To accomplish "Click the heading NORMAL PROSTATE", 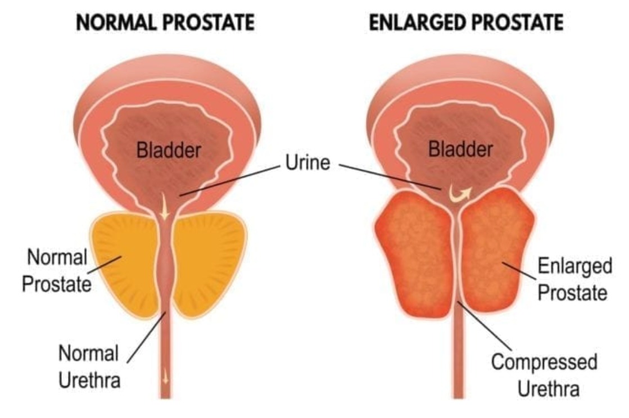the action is point(165,22).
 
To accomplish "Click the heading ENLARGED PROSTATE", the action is point(466,22).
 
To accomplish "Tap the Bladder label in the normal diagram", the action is point(169,150).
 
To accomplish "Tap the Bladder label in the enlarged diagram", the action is point(460,149).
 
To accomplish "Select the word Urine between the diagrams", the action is point(307,162).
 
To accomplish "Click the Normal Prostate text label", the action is point(57,270).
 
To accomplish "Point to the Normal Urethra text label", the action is point(89,366).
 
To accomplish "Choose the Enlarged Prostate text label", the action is point(574,279).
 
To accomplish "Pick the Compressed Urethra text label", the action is point(545,375).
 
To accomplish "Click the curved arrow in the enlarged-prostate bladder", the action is point(459,195).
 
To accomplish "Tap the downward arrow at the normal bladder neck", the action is point(164,207).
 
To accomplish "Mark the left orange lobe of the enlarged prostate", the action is point(415,255).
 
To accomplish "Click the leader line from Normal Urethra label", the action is point(147,338).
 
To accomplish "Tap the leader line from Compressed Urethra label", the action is point(485,326).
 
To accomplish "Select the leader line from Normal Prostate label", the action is point(105,265).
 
